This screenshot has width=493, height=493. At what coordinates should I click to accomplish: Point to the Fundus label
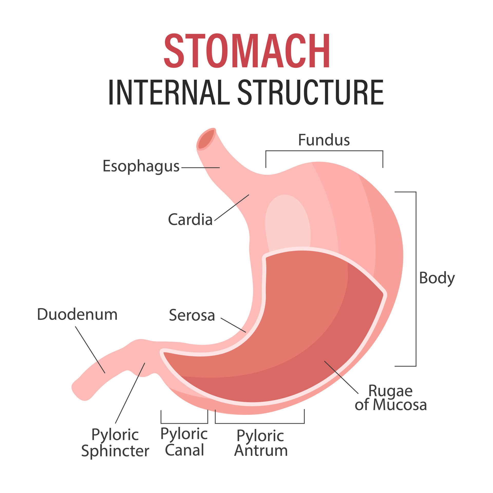tap(324, 140)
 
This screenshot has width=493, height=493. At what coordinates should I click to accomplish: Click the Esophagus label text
tap(141, 166)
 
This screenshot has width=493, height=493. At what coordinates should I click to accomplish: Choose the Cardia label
tap(190, 220)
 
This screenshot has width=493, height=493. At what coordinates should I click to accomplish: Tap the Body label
tap(437, 278)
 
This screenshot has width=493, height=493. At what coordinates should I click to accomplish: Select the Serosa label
tap(192, 315)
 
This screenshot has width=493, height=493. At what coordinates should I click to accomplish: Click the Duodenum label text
tap(77, 314)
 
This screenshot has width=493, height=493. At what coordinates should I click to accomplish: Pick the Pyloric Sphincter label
tap(115, 443)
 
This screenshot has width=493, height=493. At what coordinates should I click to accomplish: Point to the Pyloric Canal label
tap(184, 442)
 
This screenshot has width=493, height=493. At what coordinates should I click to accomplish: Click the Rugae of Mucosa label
tap(391, 398)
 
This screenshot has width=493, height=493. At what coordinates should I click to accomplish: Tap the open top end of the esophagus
tap(206, 139)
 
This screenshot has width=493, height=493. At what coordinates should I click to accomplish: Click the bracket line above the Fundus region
tap(324, 151)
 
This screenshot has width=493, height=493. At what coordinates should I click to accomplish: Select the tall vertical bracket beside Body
tap(416, 279)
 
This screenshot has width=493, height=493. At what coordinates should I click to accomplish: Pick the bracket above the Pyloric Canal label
tap(184, 423)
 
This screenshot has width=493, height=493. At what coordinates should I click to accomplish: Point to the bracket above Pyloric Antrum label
tap(260, 423)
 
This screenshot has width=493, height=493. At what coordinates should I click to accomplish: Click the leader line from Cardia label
tap(232, 207)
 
